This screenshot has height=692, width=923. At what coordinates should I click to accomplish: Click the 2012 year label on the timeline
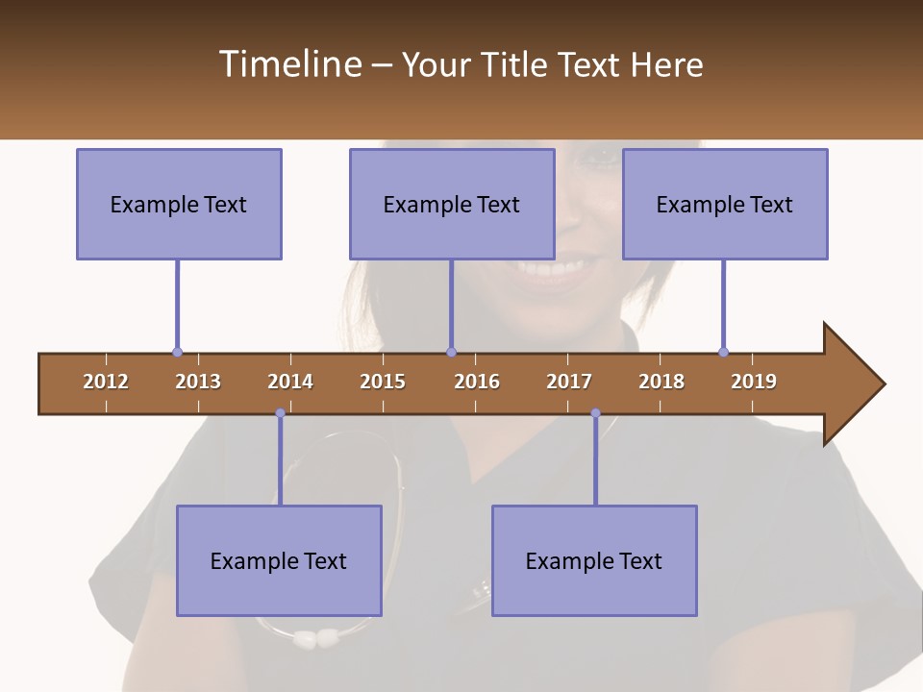point(106,382)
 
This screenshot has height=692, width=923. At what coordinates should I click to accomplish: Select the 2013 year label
point(198,382)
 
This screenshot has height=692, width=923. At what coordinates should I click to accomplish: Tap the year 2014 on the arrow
point(290,382)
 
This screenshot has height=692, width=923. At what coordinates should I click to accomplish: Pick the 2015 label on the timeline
point(383,382)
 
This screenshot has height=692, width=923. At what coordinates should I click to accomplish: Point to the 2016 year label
point(477,382)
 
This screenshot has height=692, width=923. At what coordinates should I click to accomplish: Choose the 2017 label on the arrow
point(569,382)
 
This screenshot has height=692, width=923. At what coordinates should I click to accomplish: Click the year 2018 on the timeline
point(661,382)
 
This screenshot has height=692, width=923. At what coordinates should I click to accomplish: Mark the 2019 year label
point(754,382)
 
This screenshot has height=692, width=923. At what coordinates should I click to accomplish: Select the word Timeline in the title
point(289,64)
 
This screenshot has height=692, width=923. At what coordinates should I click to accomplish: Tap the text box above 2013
point(179,204)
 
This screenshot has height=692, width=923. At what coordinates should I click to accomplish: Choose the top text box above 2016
point(452,204)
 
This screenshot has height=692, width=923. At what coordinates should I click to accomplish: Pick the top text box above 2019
point(725,204)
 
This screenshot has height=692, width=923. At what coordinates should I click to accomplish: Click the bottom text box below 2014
point(279,560)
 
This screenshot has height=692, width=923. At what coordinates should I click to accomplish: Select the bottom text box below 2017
point(594,560)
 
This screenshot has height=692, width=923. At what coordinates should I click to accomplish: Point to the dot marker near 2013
point(177,352)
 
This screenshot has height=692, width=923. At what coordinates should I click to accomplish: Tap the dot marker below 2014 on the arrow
point(280,413)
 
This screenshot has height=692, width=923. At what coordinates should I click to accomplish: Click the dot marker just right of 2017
point(595,413)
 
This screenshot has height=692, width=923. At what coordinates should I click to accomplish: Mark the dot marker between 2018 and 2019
point(723,352)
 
